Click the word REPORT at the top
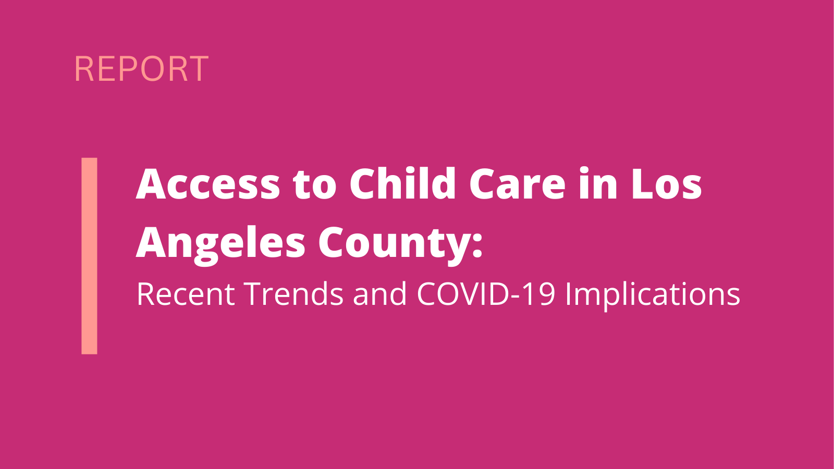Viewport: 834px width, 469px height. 141,68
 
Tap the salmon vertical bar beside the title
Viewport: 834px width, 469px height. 89,256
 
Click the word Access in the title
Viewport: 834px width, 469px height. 208,184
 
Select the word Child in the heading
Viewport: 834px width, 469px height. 402,183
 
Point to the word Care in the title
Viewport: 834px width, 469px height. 518,184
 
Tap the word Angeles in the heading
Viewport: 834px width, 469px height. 220,244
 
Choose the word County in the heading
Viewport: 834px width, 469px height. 395,244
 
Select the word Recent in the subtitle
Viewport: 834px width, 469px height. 186,294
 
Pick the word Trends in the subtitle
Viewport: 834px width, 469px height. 294,294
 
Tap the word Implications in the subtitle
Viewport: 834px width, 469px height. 653,296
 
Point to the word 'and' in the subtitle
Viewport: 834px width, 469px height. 380,294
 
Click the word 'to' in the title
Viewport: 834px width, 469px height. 315,186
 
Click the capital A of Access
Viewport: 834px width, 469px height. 153,184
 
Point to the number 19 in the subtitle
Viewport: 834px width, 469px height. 541,294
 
